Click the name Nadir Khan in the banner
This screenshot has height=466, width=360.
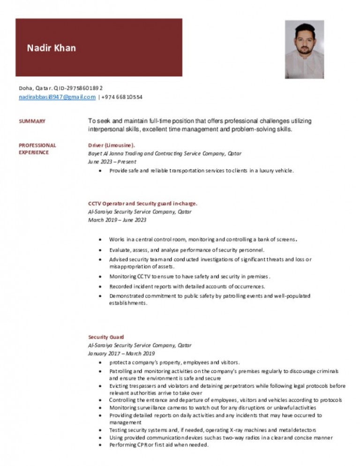point(51,48)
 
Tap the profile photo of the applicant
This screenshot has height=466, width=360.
point(304,49)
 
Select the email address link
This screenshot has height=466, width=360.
point(57,97)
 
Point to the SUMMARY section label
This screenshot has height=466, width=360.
point(32,121)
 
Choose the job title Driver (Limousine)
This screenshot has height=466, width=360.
point(112,145)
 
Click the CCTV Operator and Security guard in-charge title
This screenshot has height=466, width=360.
point(143,203)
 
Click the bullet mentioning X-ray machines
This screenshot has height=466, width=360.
point(212,430)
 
